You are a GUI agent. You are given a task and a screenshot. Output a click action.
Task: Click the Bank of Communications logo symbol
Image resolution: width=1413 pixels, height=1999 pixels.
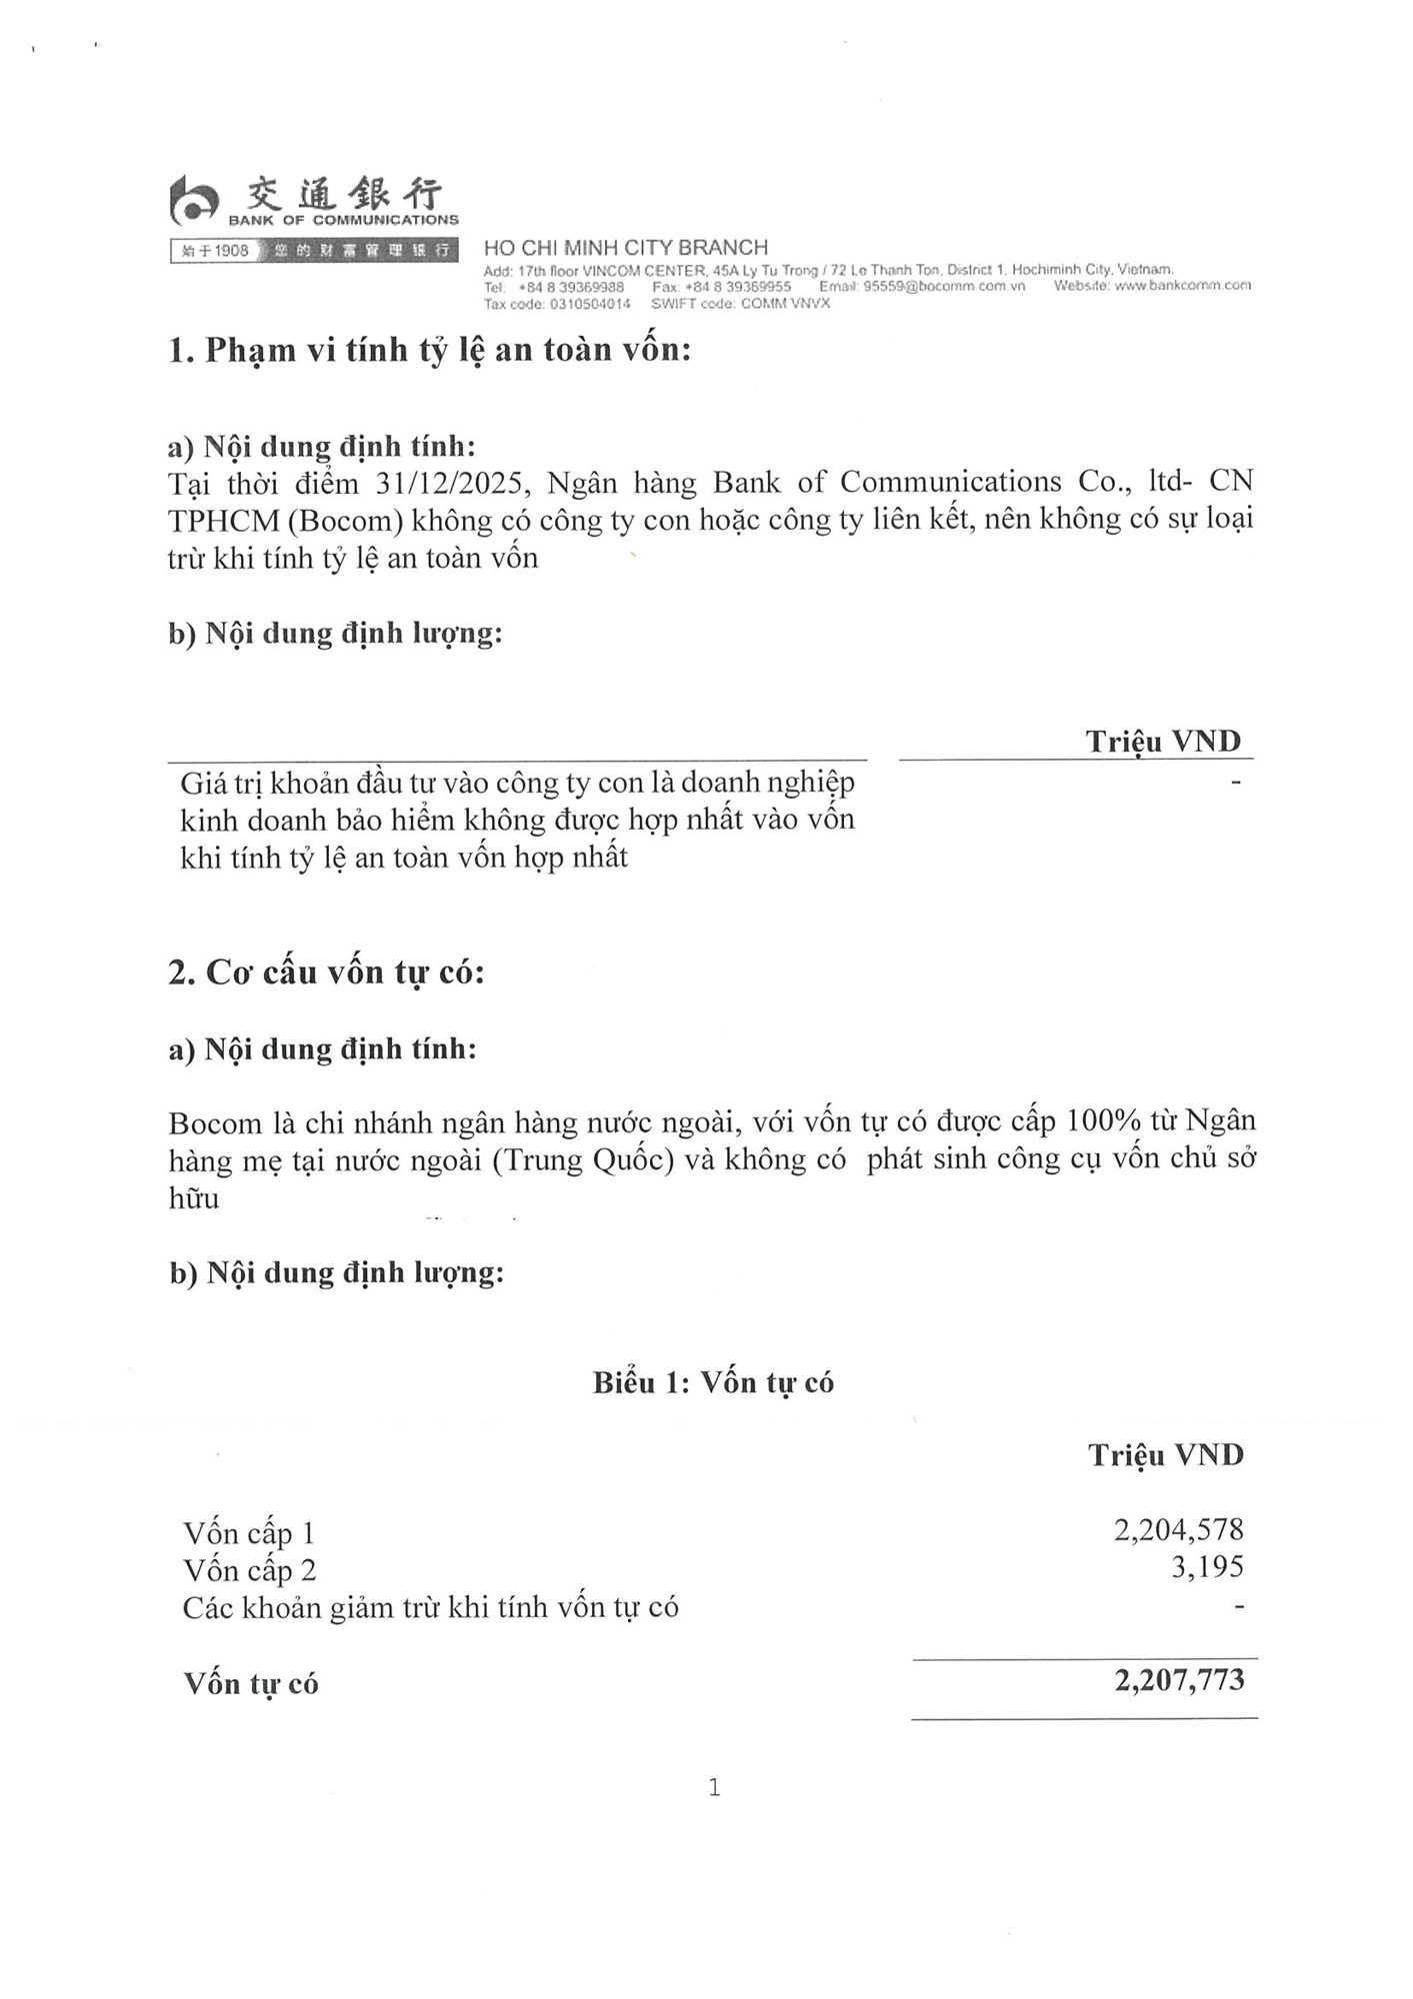193,202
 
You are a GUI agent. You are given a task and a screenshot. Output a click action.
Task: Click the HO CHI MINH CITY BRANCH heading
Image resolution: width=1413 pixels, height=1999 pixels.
626,248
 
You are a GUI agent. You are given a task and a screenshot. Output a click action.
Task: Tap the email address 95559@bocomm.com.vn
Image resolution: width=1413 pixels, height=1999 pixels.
944,286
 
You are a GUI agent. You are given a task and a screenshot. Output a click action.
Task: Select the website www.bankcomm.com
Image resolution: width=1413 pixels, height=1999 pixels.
1182,286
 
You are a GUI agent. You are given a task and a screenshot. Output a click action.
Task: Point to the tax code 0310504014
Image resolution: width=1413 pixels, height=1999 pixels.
590,304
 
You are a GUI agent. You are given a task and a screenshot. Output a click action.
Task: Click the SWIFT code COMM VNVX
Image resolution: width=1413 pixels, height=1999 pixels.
785,304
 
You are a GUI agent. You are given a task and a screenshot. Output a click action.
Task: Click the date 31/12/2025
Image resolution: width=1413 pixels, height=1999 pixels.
447,484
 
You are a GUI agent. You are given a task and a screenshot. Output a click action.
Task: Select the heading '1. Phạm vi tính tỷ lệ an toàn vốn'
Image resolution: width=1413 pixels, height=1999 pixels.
430,350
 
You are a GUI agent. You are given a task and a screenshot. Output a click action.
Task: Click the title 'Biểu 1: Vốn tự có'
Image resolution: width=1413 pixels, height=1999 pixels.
713,1382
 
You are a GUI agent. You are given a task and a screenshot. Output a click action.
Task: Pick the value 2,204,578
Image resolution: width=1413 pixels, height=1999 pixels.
1179,1529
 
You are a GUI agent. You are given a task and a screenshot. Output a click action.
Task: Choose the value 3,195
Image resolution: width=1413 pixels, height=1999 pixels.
1207,1566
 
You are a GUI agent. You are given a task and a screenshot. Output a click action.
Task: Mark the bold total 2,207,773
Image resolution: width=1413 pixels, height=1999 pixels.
1180,1680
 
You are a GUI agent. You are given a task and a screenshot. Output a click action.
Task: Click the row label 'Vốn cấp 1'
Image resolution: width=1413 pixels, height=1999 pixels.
249,1533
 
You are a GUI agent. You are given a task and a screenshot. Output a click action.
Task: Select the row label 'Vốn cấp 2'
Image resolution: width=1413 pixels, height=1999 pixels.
249,1570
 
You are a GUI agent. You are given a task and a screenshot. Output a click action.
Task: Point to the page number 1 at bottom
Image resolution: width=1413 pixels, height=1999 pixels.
714,1787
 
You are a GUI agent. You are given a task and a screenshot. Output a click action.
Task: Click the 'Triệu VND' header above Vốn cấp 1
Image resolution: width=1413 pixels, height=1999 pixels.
1166,1454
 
